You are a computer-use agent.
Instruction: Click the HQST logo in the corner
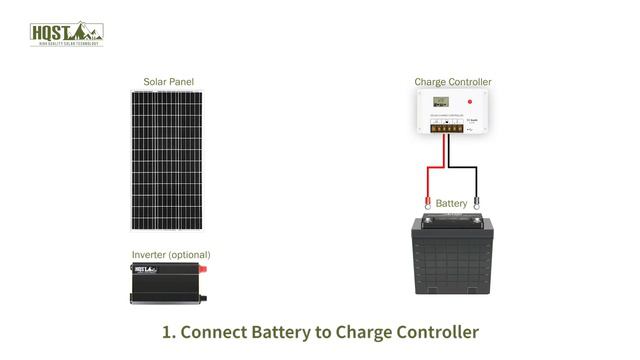point(66,33)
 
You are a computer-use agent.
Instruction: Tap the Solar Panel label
point(169,81)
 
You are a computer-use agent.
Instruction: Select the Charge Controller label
point(453,82)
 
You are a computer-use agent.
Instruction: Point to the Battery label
point(451,203)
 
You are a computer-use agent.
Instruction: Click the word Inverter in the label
point(149,255)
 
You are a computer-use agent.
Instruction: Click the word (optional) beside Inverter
point(189,255)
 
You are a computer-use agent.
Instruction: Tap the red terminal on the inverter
point(203,269)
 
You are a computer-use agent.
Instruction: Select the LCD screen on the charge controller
point(440,101)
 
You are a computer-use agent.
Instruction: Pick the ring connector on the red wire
point(427,207)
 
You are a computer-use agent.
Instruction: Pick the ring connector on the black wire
point(477,207)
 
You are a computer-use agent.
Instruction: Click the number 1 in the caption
point(165,332)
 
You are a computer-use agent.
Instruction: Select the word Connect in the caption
point(214,332)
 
